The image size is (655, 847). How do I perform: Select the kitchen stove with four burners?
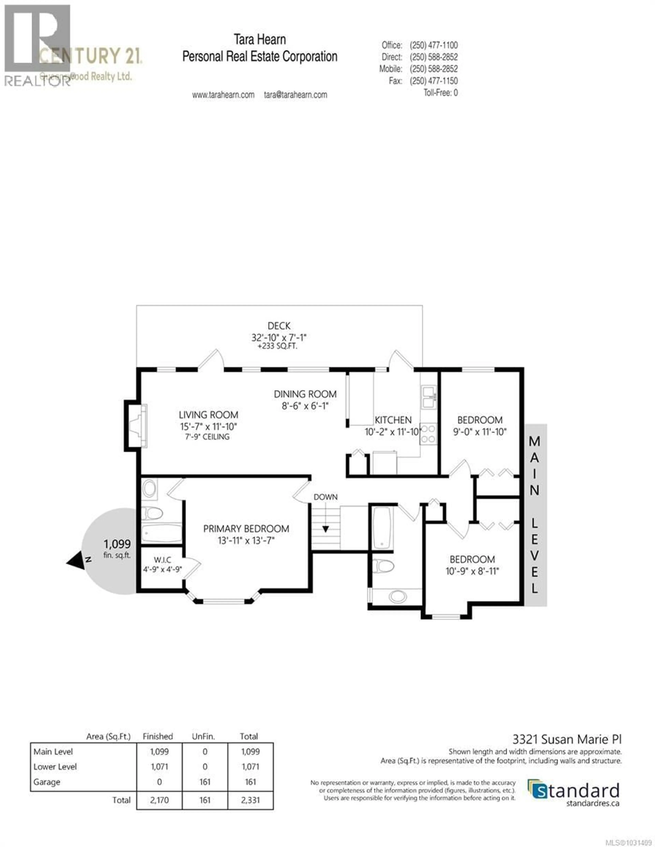click(428, 434)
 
